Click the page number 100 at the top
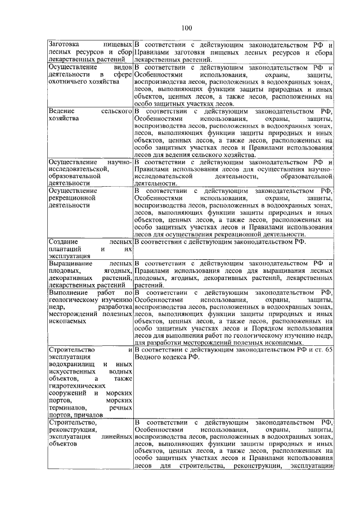(187, 28)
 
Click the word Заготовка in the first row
(65, 44)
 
